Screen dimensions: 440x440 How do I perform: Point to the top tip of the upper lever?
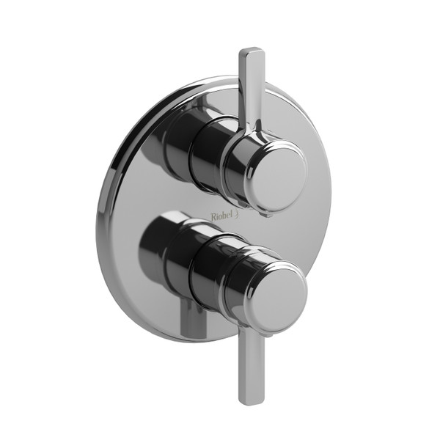click(252, 52)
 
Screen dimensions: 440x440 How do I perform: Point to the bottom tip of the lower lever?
click(250, 400)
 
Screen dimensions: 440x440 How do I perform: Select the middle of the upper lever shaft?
click(251, 88)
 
